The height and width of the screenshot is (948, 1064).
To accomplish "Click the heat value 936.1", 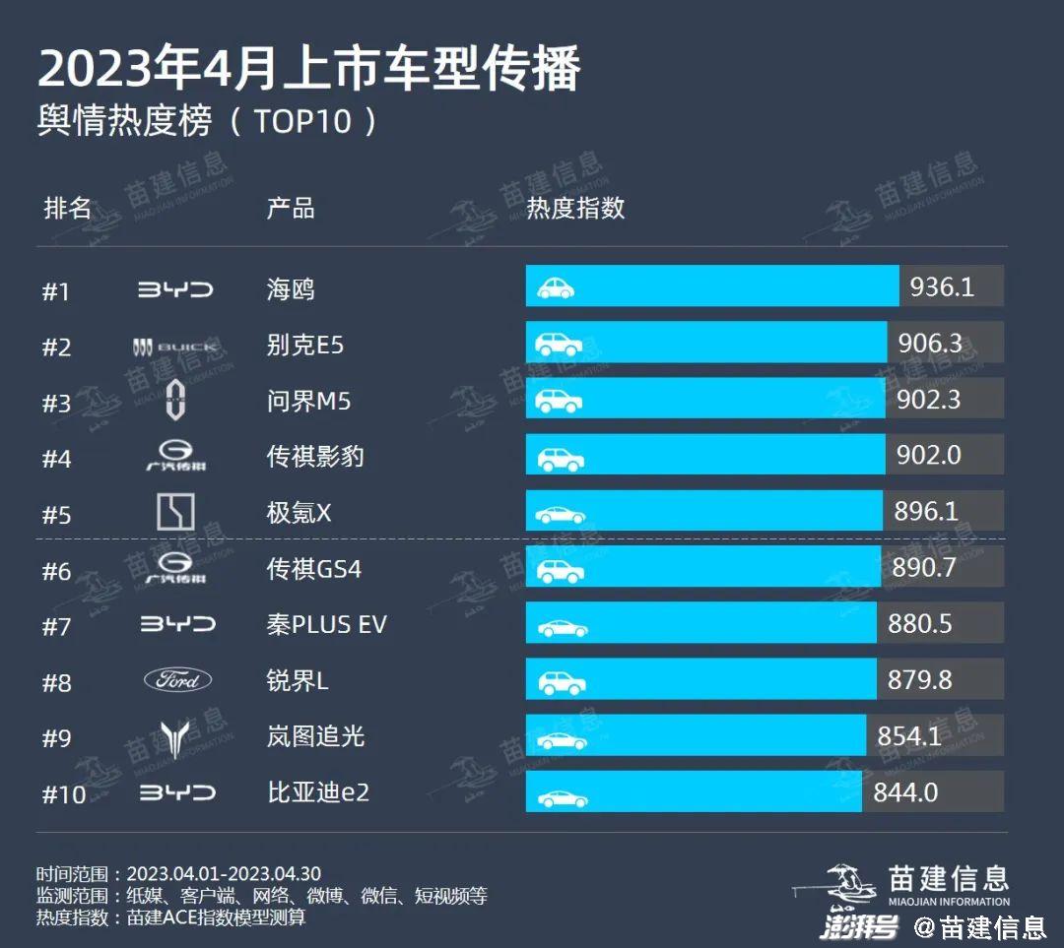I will [x=942, y=286].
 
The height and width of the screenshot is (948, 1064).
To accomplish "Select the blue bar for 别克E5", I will [x=706, y=343].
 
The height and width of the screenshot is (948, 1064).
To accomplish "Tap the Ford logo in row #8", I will [x=177, y=680].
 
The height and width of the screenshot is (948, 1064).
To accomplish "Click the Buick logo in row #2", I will [x=175, y=347].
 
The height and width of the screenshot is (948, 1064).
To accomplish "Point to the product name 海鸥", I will [x=291, y=289].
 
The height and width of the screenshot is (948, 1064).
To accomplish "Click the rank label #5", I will [x=56, y=515].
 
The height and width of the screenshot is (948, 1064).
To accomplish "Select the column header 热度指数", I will [x=575, y=209].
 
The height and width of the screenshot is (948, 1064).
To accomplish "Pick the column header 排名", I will [x=67, y=209].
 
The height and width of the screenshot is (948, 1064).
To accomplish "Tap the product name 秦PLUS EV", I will [x=326, y=625].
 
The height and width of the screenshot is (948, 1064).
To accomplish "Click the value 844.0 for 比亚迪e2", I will [x=905, y=791].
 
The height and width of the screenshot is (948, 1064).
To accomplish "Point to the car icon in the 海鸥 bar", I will [x=556, y=287].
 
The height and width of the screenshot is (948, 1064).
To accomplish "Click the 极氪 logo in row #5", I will [x=175, y=513].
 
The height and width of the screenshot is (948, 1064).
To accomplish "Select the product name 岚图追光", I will [x=315, y=736].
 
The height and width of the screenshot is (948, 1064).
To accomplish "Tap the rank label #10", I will [x=64, y=794].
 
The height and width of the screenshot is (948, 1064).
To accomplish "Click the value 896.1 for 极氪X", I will [x=926, y=511].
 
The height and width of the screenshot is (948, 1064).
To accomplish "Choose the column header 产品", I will [x=291, y=209].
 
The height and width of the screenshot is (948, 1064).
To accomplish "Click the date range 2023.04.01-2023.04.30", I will [x=224, y=874].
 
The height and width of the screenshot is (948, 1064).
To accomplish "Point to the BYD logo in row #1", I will [x=175, y=289].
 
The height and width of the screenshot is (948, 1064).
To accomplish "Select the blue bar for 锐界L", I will [x=701, y=679].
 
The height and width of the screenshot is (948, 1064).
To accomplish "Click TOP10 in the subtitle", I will [x=302, y=122].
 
